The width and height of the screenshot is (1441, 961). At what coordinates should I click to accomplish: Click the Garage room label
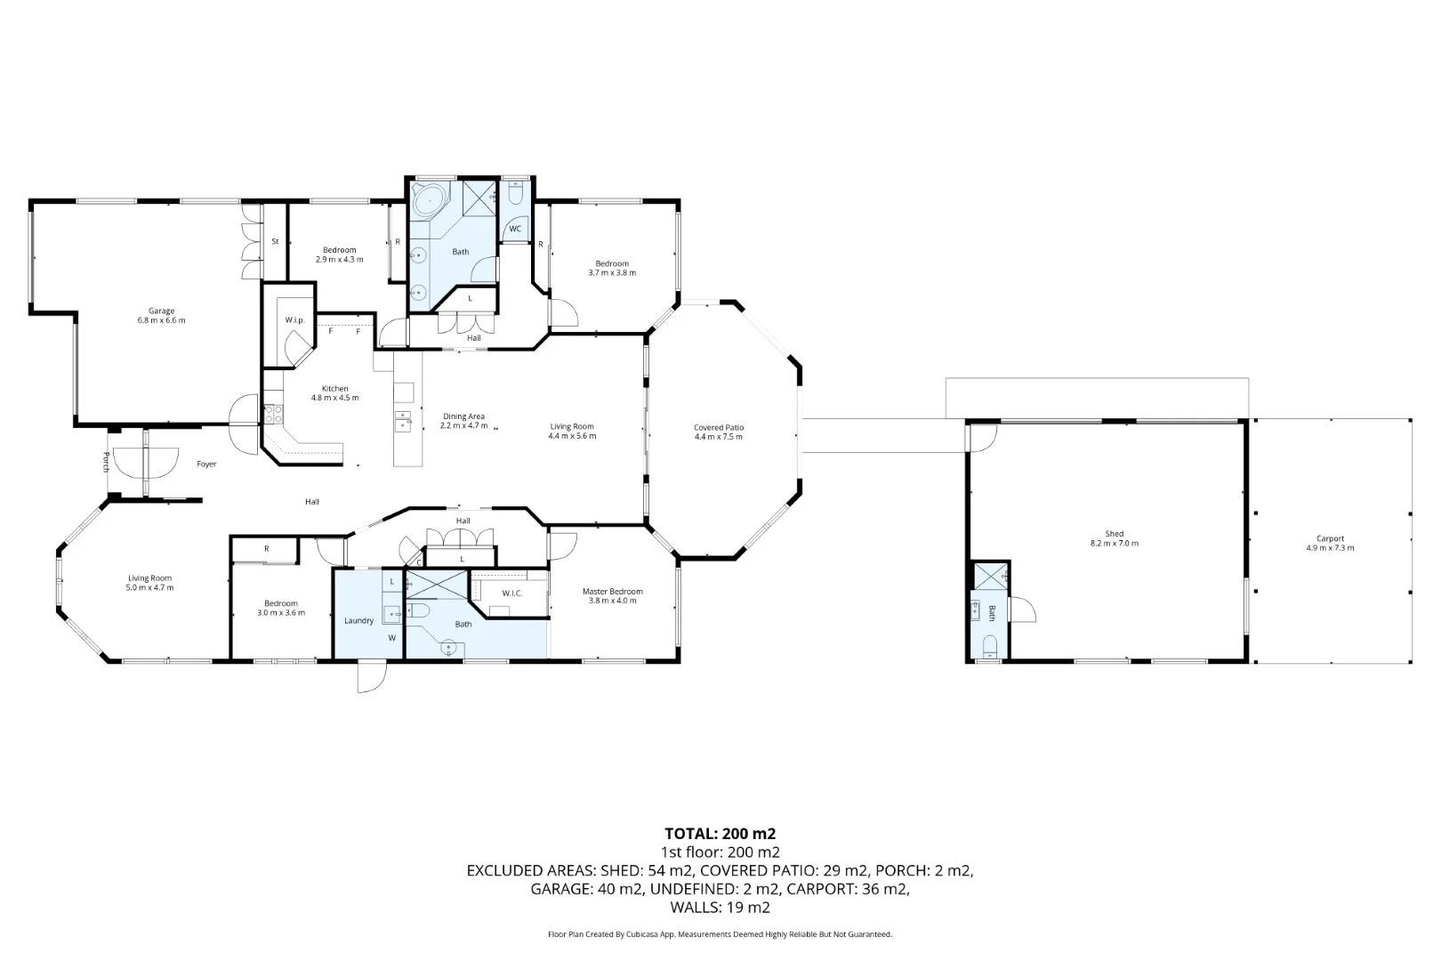(162, 311)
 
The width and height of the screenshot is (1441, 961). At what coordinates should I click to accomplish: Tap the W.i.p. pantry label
(294, 320)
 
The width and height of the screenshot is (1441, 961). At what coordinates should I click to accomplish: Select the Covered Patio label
(719, 427)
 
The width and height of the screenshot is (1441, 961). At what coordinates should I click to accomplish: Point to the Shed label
(1115, 534)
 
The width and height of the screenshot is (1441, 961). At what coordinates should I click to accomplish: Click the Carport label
(1330, 538)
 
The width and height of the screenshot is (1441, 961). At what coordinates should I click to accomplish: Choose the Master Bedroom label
(612, 592)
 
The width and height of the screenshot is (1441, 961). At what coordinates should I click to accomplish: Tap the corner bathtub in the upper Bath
(429, 200)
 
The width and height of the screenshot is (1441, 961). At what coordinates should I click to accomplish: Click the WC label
(515, 229)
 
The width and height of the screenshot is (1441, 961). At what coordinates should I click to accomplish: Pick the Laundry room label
(359, 620)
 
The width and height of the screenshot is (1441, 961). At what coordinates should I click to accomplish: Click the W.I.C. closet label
(512, 593)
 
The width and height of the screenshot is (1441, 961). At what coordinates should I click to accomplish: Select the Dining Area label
(463, 416)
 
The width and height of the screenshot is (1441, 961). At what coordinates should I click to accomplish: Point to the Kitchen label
(335, 389)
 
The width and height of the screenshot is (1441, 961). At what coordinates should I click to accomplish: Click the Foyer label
(206, 464)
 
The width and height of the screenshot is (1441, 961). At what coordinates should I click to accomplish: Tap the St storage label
(276, 241)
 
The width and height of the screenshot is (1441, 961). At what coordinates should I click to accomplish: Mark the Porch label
(106, 462)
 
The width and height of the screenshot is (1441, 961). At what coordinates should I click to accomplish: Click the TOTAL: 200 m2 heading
(720, 834)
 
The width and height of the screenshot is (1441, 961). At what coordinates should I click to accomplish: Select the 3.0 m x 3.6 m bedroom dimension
(281, 613)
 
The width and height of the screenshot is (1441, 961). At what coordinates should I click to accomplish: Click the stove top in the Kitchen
(273, 413)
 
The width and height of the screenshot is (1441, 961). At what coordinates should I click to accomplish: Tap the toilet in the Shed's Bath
(991, 646)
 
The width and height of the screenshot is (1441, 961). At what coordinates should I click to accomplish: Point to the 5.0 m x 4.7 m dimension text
(150, 587)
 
